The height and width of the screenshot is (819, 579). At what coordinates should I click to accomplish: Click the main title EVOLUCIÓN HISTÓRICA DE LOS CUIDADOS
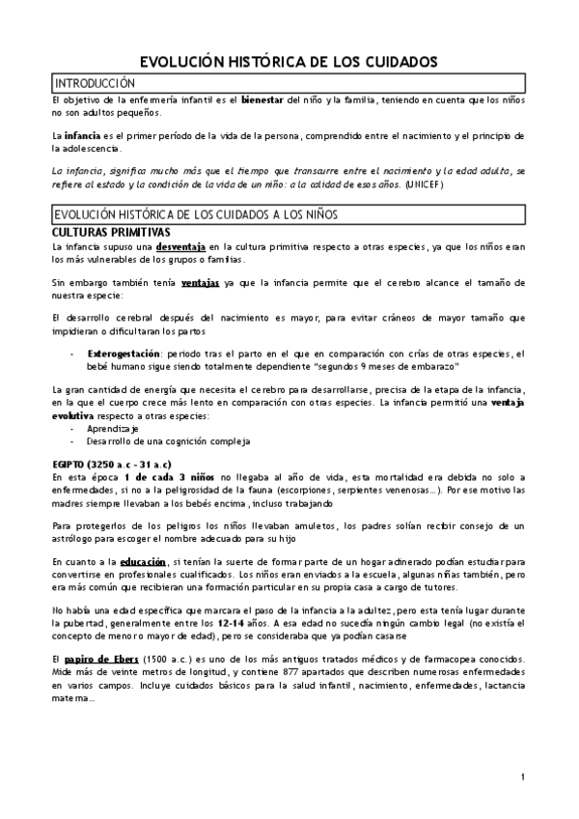[289, 61]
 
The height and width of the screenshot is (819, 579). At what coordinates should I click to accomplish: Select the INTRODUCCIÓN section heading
[94, 83]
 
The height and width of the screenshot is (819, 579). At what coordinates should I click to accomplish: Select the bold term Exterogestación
[126, 353]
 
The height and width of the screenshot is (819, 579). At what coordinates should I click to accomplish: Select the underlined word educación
[148, 561]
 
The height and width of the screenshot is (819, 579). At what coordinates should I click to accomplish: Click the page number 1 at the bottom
[522, 777]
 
